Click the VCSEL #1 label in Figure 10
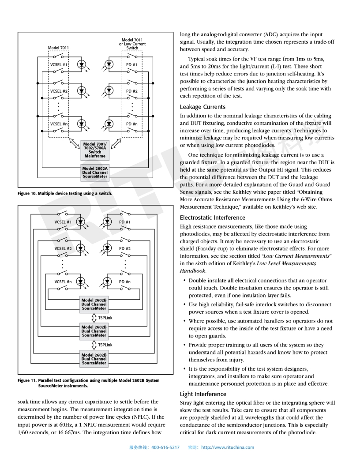point(58,65)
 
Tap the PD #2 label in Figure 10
point(132,91)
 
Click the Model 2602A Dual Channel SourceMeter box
point(95,172)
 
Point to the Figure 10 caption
point(65,194)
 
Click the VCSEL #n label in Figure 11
point(63,282)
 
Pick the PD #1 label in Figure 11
point(125,222)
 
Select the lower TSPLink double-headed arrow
point(94,345)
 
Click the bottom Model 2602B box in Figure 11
point(94,359)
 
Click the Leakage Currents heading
point(202,107)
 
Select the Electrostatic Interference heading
point(212,218)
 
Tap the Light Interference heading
point(203,394)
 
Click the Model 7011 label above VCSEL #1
point(58,48)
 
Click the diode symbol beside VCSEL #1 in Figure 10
point(82,64)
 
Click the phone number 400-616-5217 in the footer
point(165,447)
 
